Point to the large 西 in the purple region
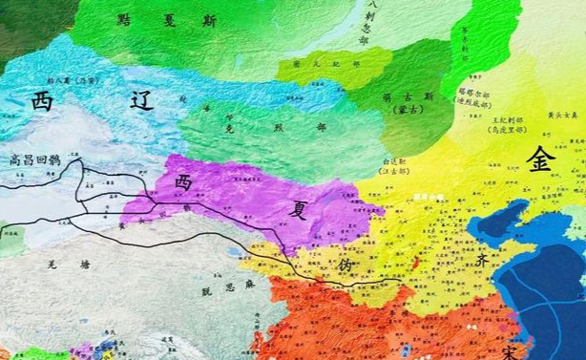click(183, 180)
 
